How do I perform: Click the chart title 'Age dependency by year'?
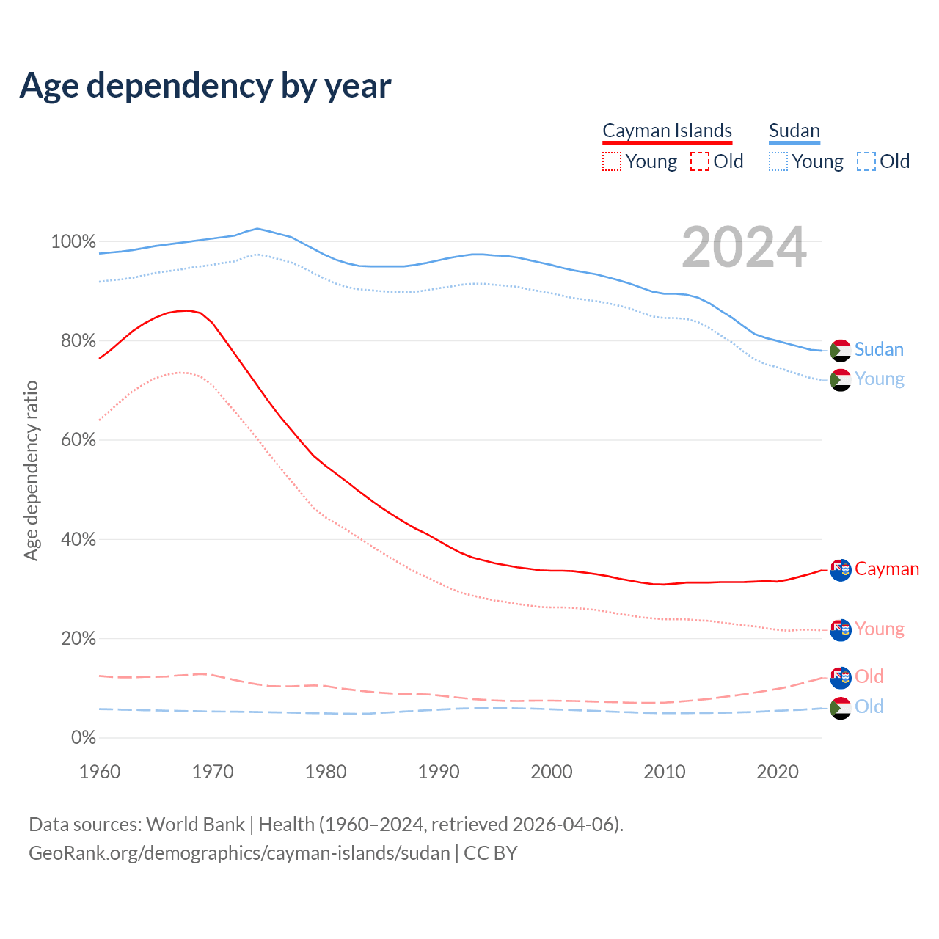tap(205, 86)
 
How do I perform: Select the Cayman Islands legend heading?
tap(667, 131)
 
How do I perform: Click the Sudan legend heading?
tap(794, 131)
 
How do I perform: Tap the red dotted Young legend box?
tap(612, 161)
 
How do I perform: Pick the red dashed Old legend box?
tap(700, 161)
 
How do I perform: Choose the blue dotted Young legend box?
tap(778, 161)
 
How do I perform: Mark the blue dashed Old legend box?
tap(866, 161)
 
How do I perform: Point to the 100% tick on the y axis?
tap(73, 241)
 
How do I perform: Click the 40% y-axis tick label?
tap(78, 539)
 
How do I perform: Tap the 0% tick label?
tap(83, 737)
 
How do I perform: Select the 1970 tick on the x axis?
tap(213, 772)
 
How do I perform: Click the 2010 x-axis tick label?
tap(665, 772)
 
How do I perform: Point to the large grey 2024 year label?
tap(744, 248)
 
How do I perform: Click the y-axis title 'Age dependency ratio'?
tap(31, 470)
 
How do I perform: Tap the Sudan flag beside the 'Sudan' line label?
tap(840, 351)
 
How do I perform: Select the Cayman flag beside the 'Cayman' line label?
tap(840, 570)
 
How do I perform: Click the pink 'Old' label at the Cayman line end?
tap(869, 676)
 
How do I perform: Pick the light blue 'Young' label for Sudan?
tap(880, 379)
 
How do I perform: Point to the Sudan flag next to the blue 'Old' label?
tap(840, 708)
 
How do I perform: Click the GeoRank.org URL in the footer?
tap(239, 853)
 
